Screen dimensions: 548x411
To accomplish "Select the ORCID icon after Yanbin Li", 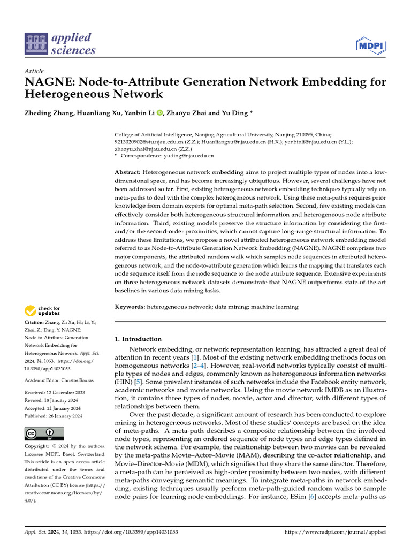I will [159, 112].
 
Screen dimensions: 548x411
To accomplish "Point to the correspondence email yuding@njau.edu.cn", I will [189, 156].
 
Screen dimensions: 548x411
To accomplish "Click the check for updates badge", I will [41, 310].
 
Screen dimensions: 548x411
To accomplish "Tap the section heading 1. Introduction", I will [139, 339].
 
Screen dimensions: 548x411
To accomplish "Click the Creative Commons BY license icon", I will [44, 433].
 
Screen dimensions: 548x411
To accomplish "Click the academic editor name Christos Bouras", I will [78, 380].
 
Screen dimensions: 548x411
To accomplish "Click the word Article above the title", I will [34, 71].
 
